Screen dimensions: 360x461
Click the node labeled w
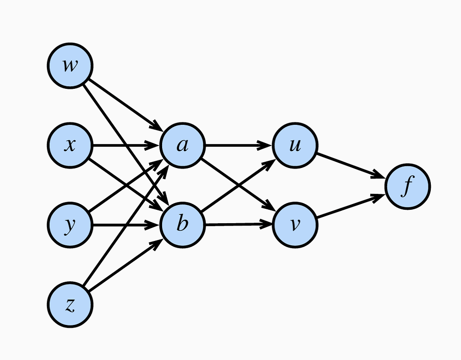coord(70,65)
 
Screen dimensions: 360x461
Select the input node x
coord(70,145)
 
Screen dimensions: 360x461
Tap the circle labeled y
coord(70,225)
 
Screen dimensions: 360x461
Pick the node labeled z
coord(70,305)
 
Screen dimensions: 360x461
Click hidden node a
coord(182,145)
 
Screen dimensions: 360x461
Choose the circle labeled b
coord(182,225)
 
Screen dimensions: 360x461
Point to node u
coord(295,145)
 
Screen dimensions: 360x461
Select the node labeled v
coord(295,225)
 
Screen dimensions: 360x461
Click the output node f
coord(407,187)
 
